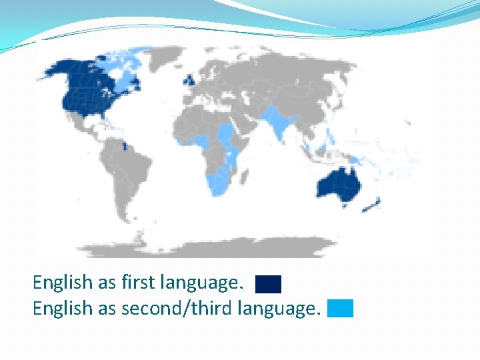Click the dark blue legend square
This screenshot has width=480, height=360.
tap(268, 284)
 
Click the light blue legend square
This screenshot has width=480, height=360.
tap(340, 309)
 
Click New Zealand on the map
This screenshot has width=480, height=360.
tap(370, 205)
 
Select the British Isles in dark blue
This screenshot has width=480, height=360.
tap(191, 79)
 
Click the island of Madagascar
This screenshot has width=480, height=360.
tap(246, 175)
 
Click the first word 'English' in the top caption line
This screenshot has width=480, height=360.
tap(62, 283)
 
